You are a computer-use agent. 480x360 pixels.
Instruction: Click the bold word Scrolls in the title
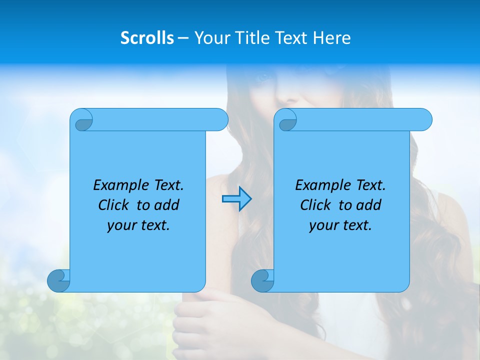pyautogui.click(x=147, y=38)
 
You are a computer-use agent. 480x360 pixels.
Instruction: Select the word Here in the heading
pyautogui.click(x=332, y=38)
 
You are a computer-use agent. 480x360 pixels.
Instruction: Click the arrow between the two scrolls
pyautogui.click(x=236, y=199)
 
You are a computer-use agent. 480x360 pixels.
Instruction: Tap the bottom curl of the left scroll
pyautogui.click(x=58, y=280)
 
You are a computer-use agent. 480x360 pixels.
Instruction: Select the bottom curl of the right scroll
pyautogui.click(x=262, y=280)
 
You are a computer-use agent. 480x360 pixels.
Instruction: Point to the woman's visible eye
pyautogui.click(x=263, y=77)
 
